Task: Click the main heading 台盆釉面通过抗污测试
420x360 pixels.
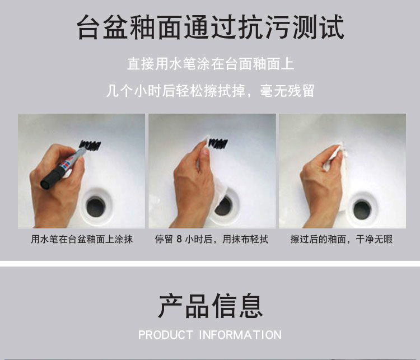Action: click(x=210, y=27)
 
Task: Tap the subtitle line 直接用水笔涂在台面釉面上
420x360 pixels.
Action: click(x=211, y=64)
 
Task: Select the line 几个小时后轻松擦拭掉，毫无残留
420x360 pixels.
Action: click(x=210, y=91)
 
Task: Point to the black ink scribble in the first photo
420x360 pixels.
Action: click(x=90, y=145)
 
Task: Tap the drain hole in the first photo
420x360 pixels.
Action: click(x=96, y=207)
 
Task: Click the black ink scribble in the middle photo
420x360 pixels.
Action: click(x=218, y=144)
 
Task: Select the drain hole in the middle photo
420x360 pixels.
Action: click(x=223, y=206)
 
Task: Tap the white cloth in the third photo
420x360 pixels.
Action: click(x=334, y=158)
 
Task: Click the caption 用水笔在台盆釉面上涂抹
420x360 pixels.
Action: click(x=82, y=239)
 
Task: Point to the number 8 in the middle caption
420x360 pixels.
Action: click(x=179, y=239)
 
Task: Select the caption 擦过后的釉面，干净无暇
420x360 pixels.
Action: click(x=342, y=239)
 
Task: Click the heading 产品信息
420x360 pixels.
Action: click(x=210, y=306)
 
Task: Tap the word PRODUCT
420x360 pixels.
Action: click(x=165, y=335)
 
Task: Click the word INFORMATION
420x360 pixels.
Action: click(x=240, y=335)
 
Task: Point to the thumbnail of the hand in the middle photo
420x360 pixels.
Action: click(x=205, y=152)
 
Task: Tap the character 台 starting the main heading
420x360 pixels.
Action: click(x=88, y=27)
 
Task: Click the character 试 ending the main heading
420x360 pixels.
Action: click(x=332, y=27)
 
